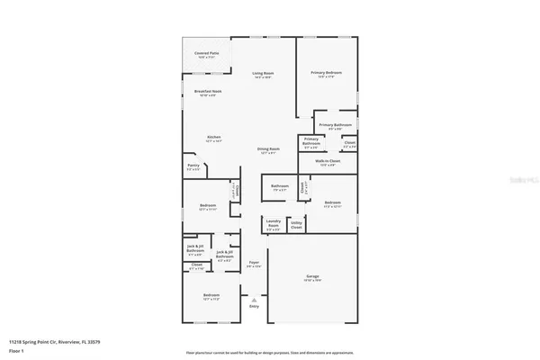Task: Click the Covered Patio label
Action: coord(206,53)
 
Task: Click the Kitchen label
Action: coord(213,137)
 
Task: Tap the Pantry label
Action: coord(193,166)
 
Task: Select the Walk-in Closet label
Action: coord(327,162)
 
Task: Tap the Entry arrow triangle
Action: coord(254,300)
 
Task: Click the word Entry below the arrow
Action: coord(254,307)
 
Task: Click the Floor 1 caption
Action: coord(17,350)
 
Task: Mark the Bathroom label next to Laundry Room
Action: coord(279,187)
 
